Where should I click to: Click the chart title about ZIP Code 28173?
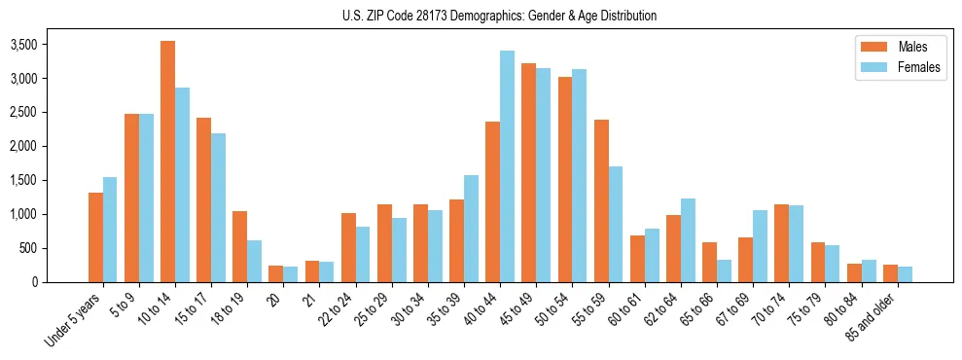pos(499,16)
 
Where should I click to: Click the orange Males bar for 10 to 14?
pos(167,162)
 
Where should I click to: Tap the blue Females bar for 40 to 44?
pos(507,166)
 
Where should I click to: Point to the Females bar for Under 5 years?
pos(110,230)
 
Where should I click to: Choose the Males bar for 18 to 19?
pos(239,246)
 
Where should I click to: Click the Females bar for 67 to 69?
pos(761,246)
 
